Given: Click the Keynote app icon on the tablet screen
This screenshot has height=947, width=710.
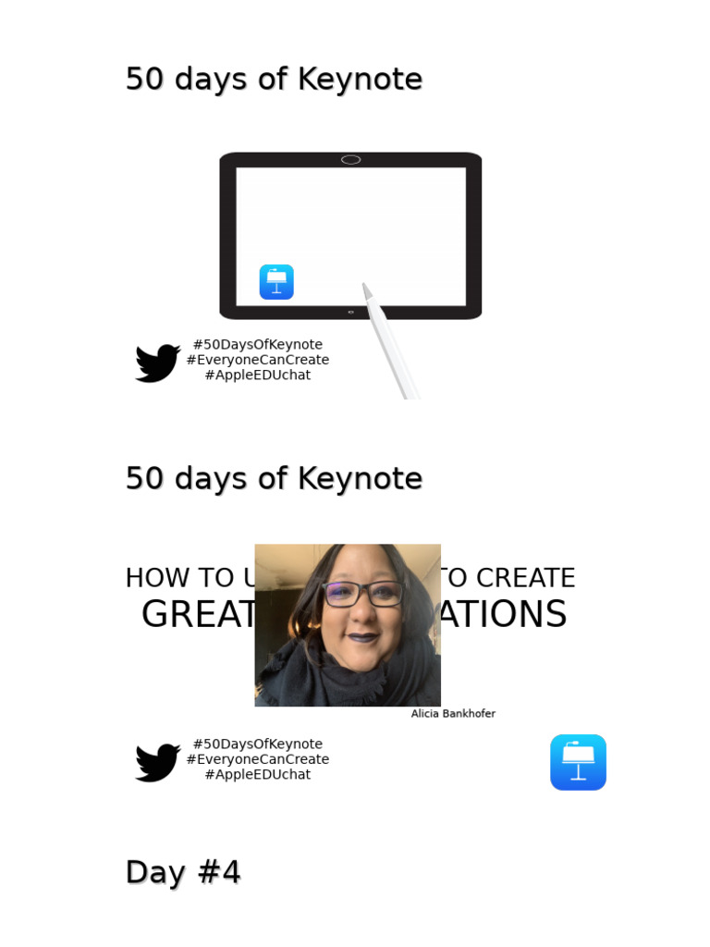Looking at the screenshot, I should point(276,282).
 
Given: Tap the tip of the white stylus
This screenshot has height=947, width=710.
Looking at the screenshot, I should point(365,287).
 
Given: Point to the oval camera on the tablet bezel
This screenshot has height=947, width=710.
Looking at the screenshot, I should point(350,160).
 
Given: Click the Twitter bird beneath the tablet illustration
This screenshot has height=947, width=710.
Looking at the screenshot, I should point(158,363).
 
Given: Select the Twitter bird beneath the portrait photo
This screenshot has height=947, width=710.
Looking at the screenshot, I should point(158,762).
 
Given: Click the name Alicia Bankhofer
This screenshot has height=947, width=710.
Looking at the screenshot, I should point(453,714).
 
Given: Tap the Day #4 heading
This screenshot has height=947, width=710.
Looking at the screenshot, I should point(183,872).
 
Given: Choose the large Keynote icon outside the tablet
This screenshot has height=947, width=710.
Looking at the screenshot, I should point(578,762).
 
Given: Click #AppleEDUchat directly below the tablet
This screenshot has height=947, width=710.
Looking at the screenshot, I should point(257,375).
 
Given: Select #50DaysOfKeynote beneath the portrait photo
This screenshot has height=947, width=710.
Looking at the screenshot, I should point(257,744).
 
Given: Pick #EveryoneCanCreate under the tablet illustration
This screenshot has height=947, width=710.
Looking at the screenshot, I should point(257,360).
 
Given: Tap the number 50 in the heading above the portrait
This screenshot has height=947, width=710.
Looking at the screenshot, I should point(144,479).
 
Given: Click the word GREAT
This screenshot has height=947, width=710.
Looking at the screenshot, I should point(197,615).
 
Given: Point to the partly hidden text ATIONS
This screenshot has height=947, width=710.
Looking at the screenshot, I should point(504,615).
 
